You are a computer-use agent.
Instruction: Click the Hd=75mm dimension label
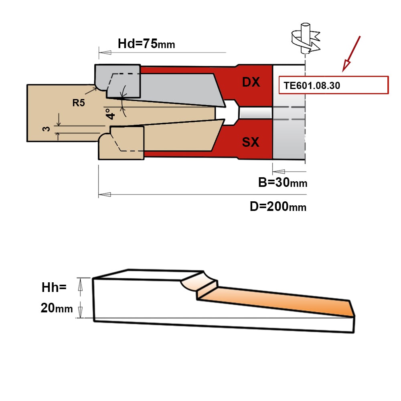pyautogui.click(x=146, y=44)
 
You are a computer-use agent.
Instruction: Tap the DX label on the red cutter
pyautogui.click(x=251, y=82)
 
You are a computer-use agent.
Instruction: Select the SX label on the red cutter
pyautogui.click(x=251, y=142)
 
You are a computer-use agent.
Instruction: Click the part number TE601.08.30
pyautogui.click(x=312, y=86)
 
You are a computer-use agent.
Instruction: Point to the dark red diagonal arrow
pyautogui.click(x=351, y=54)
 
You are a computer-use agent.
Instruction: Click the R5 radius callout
pyautogui.click(x=79, y=103)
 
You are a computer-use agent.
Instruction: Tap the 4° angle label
pyautogui.click(x=111, y=114)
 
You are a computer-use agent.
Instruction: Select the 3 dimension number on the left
pyautogui.click(x=46, y=129)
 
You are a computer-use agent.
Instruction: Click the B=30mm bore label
pyautogui.click(x=283, y=182)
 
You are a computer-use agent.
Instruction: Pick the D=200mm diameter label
pyautogui.click(x=278, y=207)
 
